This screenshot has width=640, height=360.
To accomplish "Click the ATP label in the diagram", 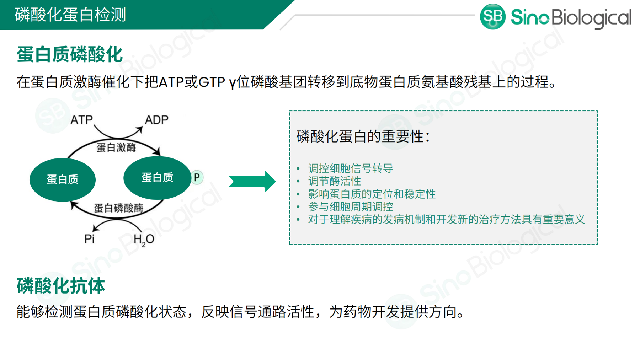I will [x=81, y=120].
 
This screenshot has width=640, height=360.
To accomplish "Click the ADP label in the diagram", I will [x=156, y=120].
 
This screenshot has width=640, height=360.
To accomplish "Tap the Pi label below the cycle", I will [x=89, y=239].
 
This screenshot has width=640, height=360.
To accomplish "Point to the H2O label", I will [x=144, y=240].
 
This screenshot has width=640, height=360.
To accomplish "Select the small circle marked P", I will [x=197, y=177].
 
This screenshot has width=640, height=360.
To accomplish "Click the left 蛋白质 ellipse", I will [x=63, y=179].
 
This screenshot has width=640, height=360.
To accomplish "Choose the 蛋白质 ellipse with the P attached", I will [x=157, y=178].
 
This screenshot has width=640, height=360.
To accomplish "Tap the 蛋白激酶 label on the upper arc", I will [x=116, y=147].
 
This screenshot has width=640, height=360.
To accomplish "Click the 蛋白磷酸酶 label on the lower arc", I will [x=118, y=208].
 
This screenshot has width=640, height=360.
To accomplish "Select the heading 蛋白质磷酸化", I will [x=70, y=55].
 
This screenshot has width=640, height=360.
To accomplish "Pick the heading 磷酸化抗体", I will [x=61, y=286].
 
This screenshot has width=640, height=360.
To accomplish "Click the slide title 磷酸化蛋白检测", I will [x=70, y=15].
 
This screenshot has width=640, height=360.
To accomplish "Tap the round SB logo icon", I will [x=492, y=17].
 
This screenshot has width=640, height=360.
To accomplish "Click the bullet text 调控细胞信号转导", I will [x=351, y=168].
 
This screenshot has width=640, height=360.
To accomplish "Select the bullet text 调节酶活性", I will [x=335, y=181].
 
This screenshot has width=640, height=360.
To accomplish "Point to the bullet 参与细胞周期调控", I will [x=351, y=206].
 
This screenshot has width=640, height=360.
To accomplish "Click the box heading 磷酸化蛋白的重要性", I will [x=363, y=136].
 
